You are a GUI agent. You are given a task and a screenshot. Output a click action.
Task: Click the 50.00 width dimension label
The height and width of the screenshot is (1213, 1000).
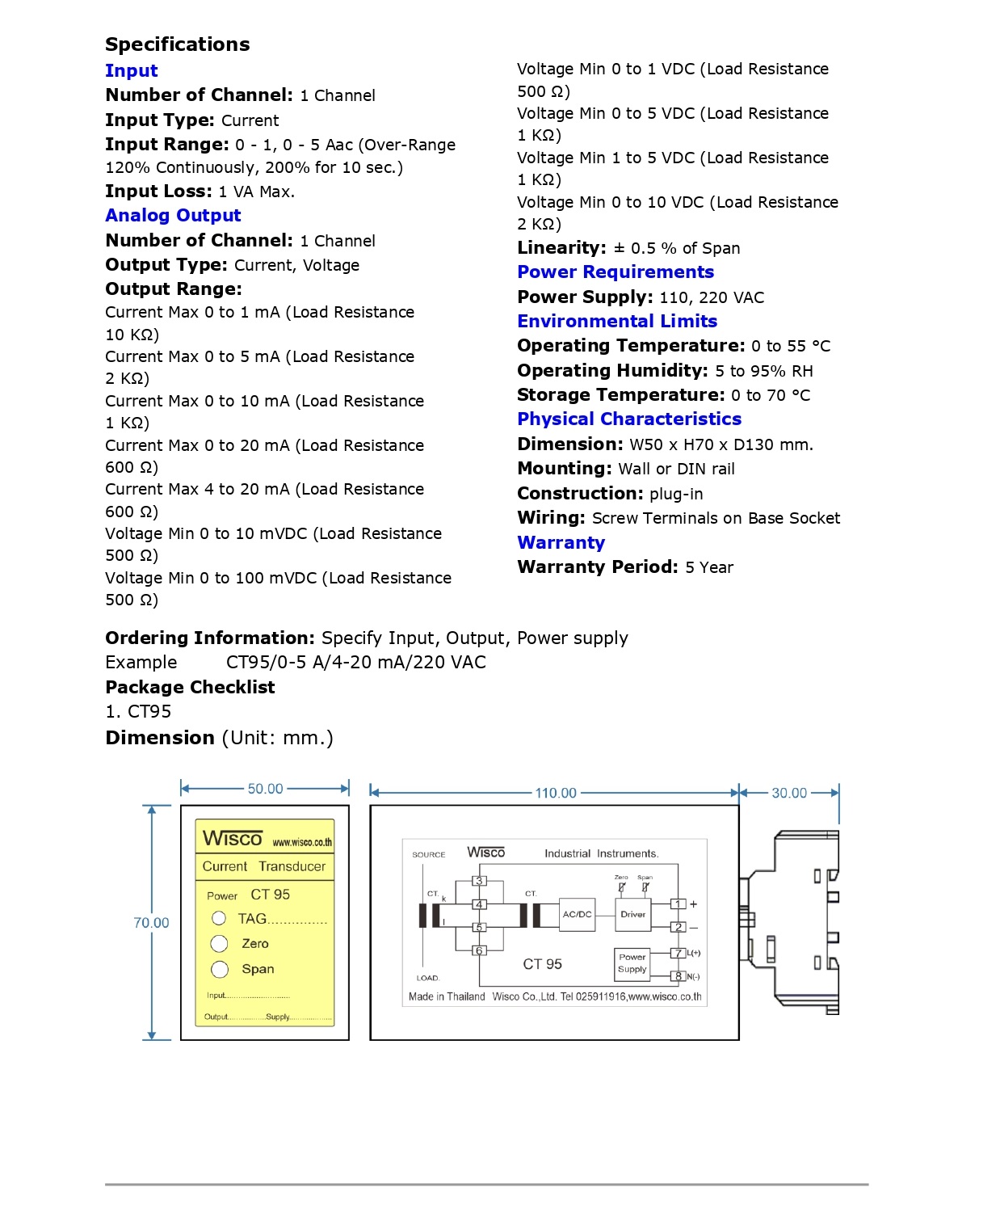pos(265,789)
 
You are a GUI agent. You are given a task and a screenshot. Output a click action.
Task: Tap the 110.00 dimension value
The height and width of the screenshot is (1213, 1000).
pos(556,794)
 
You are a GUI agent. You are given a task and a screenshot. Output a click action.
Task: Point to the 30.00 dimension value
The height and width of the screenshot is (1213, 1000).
pos(789,794)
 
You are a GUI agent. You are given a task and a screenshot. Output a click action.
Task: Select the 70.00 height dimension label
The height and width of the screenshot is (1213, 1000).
pos(151,923)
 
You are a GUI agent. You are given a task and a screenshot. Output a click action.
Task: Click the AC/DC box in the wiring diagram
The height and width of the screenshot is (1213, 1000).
pos(577,915)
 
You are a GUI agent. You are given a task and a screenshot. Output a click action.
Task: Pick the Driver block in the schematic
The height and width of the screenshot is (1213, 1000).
pos(632,915)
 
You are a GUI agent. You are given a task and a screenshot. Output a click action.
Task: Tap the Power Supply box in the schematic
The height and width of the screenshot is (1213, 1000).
pos(632,962)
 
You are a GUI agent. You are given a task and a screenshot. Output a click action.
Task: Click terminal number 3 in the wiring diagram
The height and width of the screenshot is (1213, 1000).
pos(479,881)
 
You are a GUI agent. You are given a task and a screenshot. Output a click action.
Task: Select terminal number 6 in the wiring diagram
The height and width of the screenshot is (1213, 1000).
pos(479,950)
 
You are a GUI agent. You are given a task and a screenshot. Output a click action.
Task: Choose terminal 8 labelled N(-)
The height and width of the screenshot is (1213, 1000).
pos(679,976)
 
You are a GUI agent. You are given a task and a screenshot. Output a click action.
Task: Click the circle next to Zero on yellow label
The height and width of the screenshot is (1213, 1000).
pos(220,944)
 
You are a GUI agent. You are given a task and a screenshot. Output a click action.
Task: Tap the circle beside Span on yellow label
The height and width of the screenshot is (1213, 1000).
pos(220,969)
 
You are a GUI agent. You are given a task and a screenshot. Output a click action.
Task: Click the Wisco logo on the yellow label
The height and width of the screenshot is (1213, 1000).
pos(233,839)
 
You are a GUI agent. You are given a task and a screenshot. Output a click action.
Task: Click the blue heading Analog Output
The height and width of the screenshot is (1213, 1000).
pos(173,216)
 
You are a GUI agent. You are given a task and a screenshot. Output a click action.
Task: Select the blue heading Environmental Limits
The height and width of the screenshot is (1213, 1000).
pos(617,322)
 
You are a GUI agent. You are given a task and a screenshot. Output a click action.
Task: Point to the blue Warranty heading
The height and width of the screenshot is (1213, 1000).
pos(561,543)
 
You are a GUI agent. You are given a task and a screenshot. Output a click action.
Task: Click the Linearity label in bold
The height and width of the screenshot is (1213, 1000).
pos(561,248)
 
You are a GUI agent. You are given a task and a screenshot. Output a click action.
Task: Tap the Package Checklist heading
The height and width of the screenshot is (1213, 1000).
pos(190,688)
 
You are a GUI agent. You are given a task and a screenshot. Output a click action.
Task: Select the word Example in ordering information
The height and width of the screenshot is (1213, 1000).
pos(141,663)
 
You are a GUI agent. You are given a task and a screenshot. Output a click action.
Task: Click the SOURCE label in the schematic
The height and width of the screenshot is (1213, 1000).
pos(428,854)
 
